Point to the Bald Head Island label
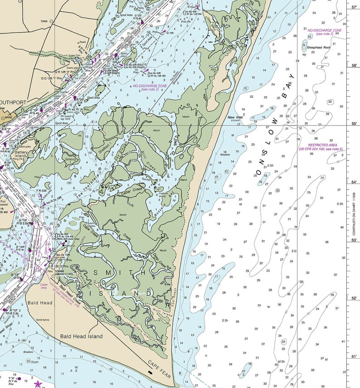82,336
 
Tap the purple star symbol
38,384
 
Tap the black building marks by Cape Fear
150,372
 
